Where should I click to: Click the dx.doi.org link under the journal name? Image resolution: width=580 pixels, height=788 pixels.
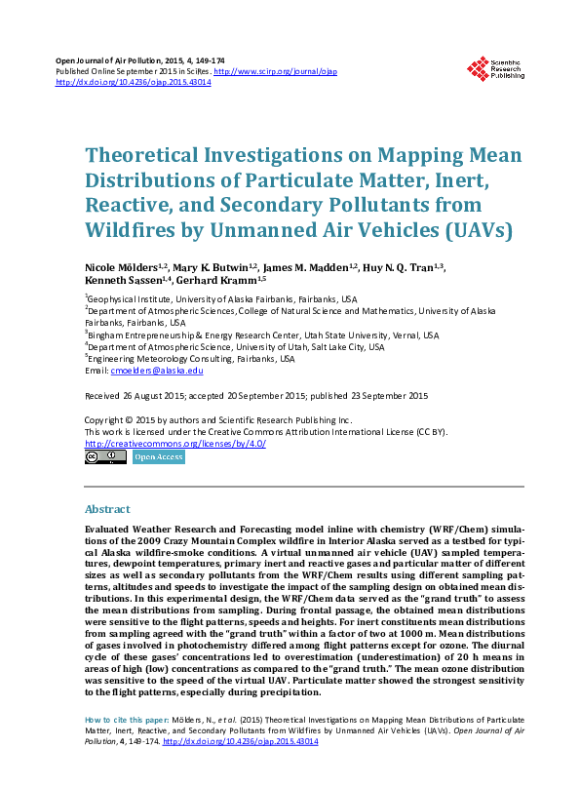pos(134,83)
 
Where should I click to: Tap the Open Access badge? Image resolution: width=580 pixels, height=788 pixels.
pos(157,456)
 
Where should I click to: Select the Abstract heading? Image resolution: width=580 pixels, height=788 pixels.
pos(108,509)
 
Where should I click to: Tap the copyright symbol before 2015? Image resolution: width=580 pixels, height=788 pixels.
pos(130,420)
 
